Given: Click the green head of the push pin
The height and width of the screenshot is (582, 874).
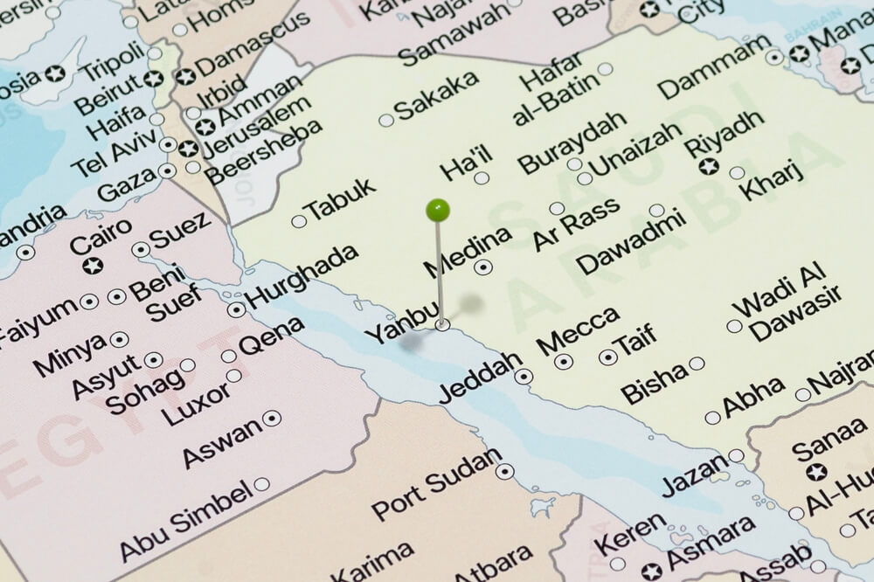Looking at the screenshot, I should click(438, 210).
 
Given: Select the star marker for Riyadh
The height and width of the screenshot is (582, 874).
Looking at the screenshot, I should click(709, 166).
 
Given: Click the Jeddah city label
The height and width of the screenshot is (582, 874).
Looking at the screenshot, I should click(480, 378).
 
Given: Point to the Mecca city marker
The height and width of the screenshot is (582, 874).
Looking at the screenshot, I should click(564, 361).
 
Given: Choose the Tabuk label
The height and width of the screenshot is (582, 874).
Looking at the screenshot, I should click(341, 199).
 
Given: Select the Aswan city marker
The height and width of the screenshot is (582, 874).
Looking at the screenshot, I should click(272, 418).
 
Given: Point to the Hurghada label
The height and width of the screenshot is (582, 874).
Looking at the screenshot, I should click(302, 276).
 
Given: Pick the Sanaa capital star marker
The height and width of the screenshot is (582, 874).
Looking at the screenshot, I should click(816, 472).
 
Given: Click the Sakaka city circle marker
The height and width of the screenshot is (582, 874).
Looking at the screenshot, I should click(386, 120).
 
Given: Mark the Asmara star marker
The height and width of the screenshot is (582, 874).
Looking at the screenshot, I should click(652, 572).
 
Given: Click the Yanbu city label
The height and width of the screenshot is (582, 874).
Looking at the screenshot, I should click(398, 324).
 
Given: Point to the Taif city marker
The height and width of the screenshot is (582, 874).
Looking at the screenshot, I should click(608, 357).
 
